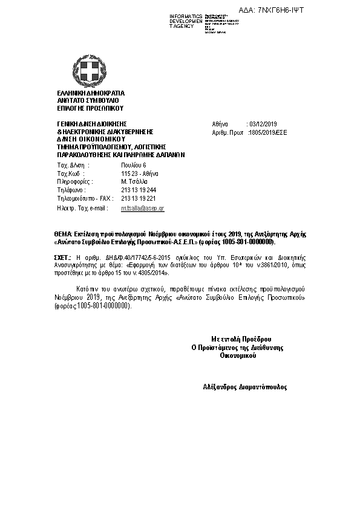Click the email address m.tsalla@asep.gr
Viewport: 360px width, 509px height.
pos(142,207)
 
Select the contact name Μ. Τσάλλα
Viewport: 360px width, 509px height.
pos(134,181)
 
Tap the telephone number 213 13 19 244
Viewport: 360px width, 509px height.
pos(139,190)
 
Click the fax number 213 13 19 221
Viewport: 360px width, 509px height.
pos(139,198)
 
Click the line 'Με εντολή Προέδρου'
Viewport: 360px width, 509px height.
pos(241,339)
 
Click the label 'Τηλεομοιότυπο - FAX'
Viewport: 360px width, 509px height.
pos(85,198)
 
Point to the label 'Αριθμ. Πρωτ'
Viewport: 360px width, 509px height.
pos(228,131)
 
